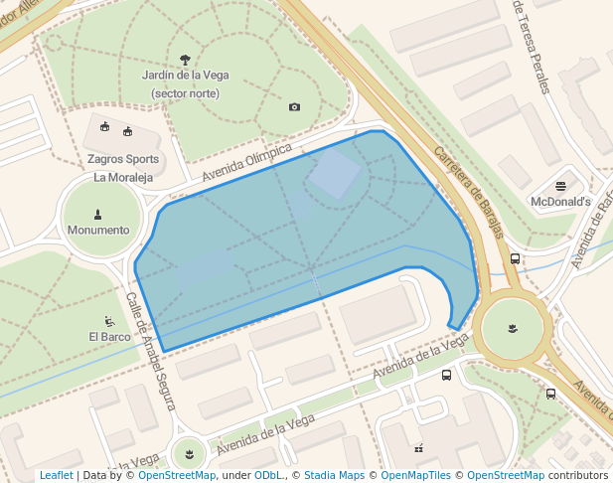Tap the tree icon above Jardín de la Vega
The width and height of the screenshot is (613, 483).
coord(185,59)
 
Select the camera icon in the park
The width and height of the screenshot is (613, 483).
coord(294,106)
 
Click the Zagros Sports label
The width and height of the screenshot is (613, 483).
coord(122,159)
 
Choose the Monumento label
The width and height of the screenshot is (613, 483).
coord(97,230)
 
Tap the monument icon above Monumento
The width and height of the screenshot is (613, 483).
coord(97,213)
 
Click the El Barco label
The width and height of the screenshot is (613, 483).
coord(108,337)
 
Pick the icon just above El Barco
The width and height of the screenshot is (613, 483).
coord(108,321)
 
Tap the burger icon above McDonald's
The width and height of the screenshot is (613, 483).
coord(560,185)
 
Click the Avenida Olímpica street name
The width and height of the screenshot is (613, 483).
coord(247,163)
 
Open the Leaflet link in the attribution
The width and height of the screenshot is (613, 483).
coord(57,475)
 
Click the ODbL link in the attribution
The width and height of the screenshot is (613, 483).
coord(268,475)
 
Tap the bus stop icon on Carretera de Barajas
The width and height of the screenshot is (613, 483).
coord(515,258)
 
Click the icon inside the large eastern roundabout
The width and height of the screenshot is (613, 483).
coord(512,328)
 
